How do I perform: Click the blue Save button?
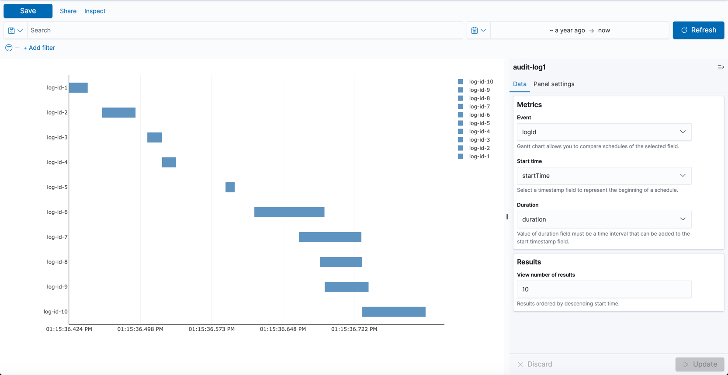[x=28, y=11]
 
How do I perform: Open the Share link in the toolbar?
[x=68, y=11]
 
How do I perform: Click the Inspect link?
[x=95, y=11]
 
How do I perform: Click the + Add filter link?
[x=39, y=48]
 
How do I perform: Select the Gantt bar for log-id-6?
[x=289, y=212]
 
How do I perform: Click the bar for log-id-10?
[x=394, y=312]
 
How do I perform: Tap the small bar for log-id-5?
[x=230, y=187]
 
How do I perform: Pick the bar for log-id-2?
[x=118, y=112]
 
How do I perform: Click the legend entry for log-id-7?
[x=479, y=107]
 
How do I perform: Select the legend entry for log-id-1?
[x=479, y=156]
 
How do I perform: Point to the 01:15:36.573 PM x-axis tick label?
[x=211, y=329]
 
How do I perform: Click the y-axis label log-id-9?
[x=57, y=287]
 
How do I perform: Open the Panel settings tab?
[x=554, y=84]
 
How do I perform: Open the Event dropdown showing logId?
[x=604, y=132]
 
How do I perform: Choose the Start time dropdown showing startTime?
[x=604, y=176]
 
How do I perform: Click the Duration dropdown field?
[x=604, y=219]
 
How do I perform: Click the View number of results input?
[x=604, y=289]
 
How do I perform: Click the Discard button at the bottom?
[x=535, y=364]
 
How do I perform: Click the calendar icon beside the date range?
[x=475, y=30]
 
